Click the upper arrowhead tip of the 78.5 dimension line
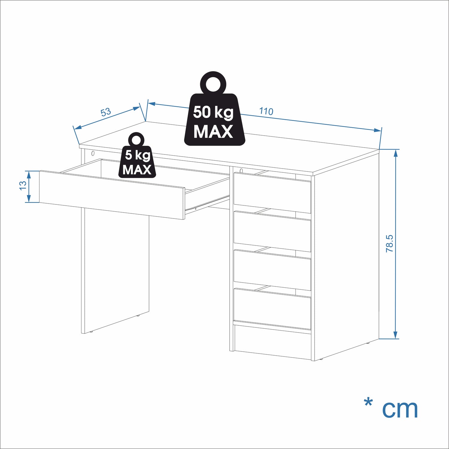396,149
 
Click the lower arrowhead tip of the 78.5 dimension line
396,339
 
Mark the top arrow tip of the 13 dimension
29,171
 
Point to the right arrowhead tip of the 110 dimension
382,131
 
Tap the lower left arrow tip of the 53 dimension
74,129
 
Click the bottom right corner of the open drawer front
184,219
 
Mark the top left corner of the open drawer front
40,171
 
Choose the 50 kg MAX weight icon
214,109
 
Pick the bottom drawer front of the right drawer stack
272,309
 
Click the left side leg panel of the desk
115,269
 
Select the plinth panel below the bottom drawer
273,342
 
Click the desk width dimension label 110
266,111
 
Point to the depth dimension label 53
106,112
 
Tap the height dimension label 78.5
389,243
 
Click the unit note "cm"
400,409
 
